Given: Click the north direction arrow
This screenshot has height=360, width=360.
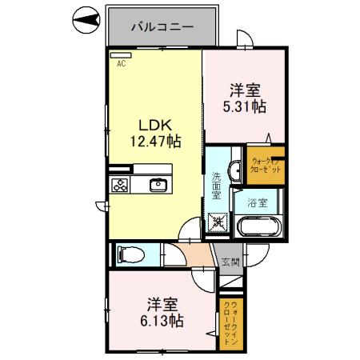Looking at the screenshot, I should (x=84, y=18).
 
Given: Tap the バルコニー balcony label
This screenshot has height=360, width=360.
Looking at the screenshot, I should (x=162, y=26).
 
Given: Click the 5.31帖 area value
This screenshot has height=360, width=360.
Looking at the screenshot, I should (x=245, y=105).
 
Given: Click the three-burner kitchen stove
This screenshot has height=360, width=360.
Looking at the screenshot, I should (x=121, y=185).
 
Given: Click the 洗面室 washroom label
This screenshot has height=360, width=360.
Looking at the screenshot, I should (x=217, y=186).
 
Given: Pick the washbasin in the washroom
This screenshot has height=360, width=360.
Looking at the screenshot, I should (x=235, y=170).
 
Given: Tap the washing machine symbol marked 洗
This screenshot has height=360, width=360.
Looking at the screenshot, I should (x=217, y=222).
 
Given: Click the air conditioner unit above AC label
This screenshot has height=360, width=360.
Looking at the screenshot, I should (x=121, y=55).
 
